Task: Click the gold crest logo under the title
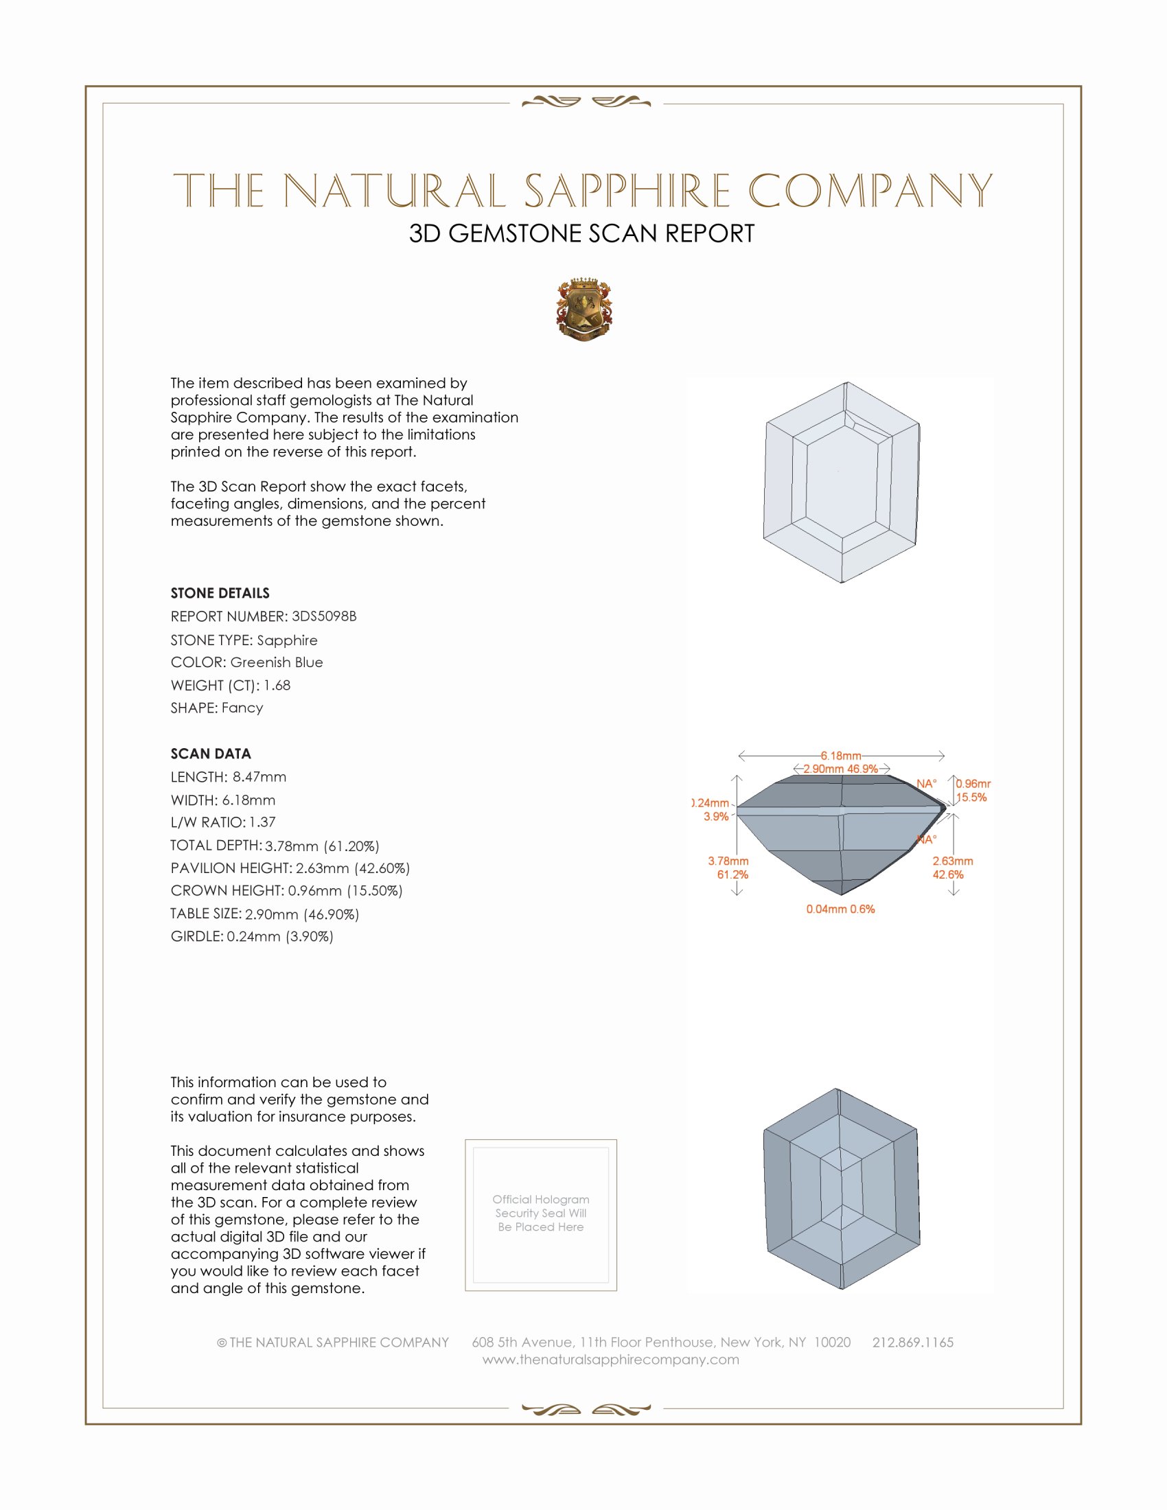point(584,309)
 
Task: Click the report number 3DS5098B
point(323,616)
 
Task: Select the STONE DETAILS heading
point(220,593)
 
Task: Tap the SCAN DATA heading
point(211,754)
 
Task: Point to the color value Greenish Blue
point(277,662)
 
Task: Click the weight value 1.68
point(277,685)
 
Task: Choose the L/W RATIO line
point(222,822)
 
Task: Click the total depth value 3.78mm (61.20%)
point(321,846)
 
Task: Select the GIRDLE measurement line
point(252,936)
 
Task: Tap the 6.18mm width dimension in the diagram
point(841,756)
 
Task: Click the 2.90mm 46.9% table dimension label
point(840,769)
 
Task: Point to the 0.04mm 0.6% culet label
point(840,909)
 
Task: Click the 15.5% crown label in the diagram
point(971,797)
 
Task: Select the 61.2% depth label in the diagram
point(732,874)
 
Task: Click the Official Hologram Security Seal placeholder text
point(541,1213)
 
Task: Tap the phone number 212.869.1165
point(912,1342)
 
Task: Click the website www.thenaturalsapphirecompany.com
point(610,1359)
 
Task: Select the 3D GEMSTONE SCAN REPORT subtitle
point(581,233)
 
